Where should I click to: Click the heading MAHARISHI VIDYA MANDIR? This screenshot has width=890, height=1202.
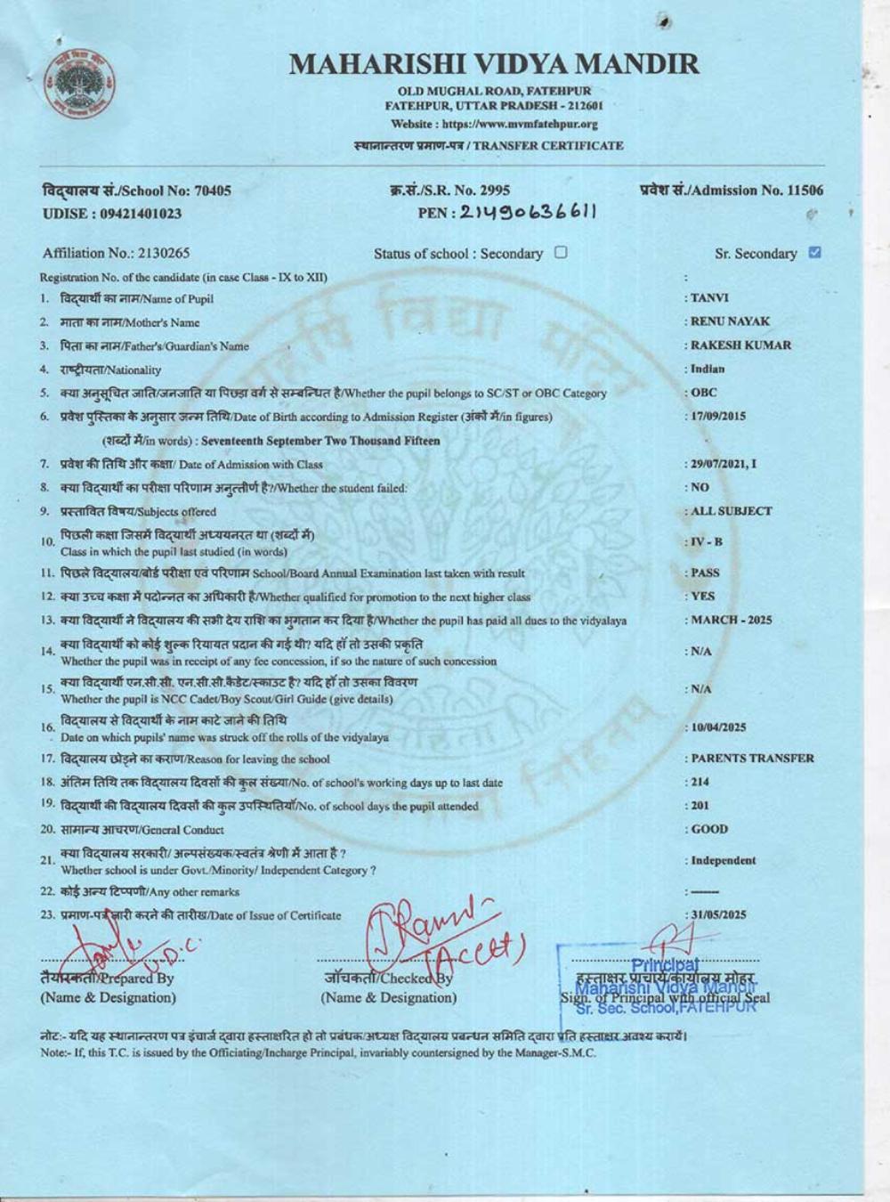[495, 64]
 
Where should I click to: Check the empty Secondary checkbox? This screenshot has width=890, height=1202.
[561, 252]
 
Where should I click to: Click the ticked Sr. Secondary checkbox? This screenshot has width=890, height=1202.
[813, 252]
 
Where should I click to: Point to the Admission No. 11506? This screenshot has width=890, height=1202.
[732, 190]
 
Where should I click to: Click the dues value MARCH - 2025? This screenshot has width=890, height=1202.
[731, 620]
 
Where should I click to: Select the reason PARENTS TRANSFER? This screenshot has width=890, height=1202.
[751, 759]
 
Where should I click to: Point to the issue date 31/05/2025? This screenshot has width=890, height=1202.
[716, 914]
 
